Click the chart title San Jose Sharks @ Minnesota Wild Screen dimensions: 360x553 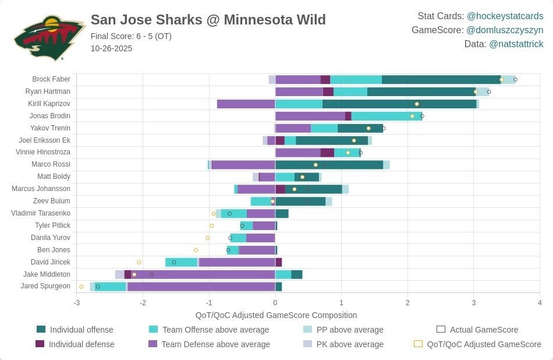(208, 20)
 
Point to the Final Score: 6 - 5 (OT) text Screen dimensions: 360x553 (131, 36)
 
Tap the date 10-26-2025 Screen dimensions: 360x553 (111, 48)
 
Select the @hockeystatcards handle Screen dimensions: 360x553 (505, 16)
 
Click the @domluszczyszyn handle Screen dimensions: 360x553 (505, 30)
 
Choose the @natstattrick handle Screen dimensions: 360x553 (516, 44)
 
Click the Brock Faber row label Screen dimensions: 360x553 (51, 79)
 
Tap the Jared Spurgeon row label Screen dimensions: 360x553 (45, 286)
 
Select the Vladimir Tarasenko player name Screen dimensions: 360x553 (41, 213)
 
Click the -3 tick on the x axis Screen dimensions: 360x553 (76, 303)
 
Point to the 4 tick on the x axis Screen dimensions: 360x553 (540, 303)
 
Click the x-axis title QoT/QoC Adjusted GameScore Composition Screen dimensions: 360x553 (276, 315)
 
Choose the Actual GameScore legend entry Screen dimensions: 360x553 (477, 330)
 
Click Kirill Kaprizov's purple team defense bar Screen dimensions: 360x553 (246, 104)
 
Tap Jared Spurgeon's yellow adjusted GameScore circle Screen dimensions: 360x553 (81, 287)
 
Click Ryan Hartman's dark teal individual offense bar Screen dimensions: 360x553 (421, 91)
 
